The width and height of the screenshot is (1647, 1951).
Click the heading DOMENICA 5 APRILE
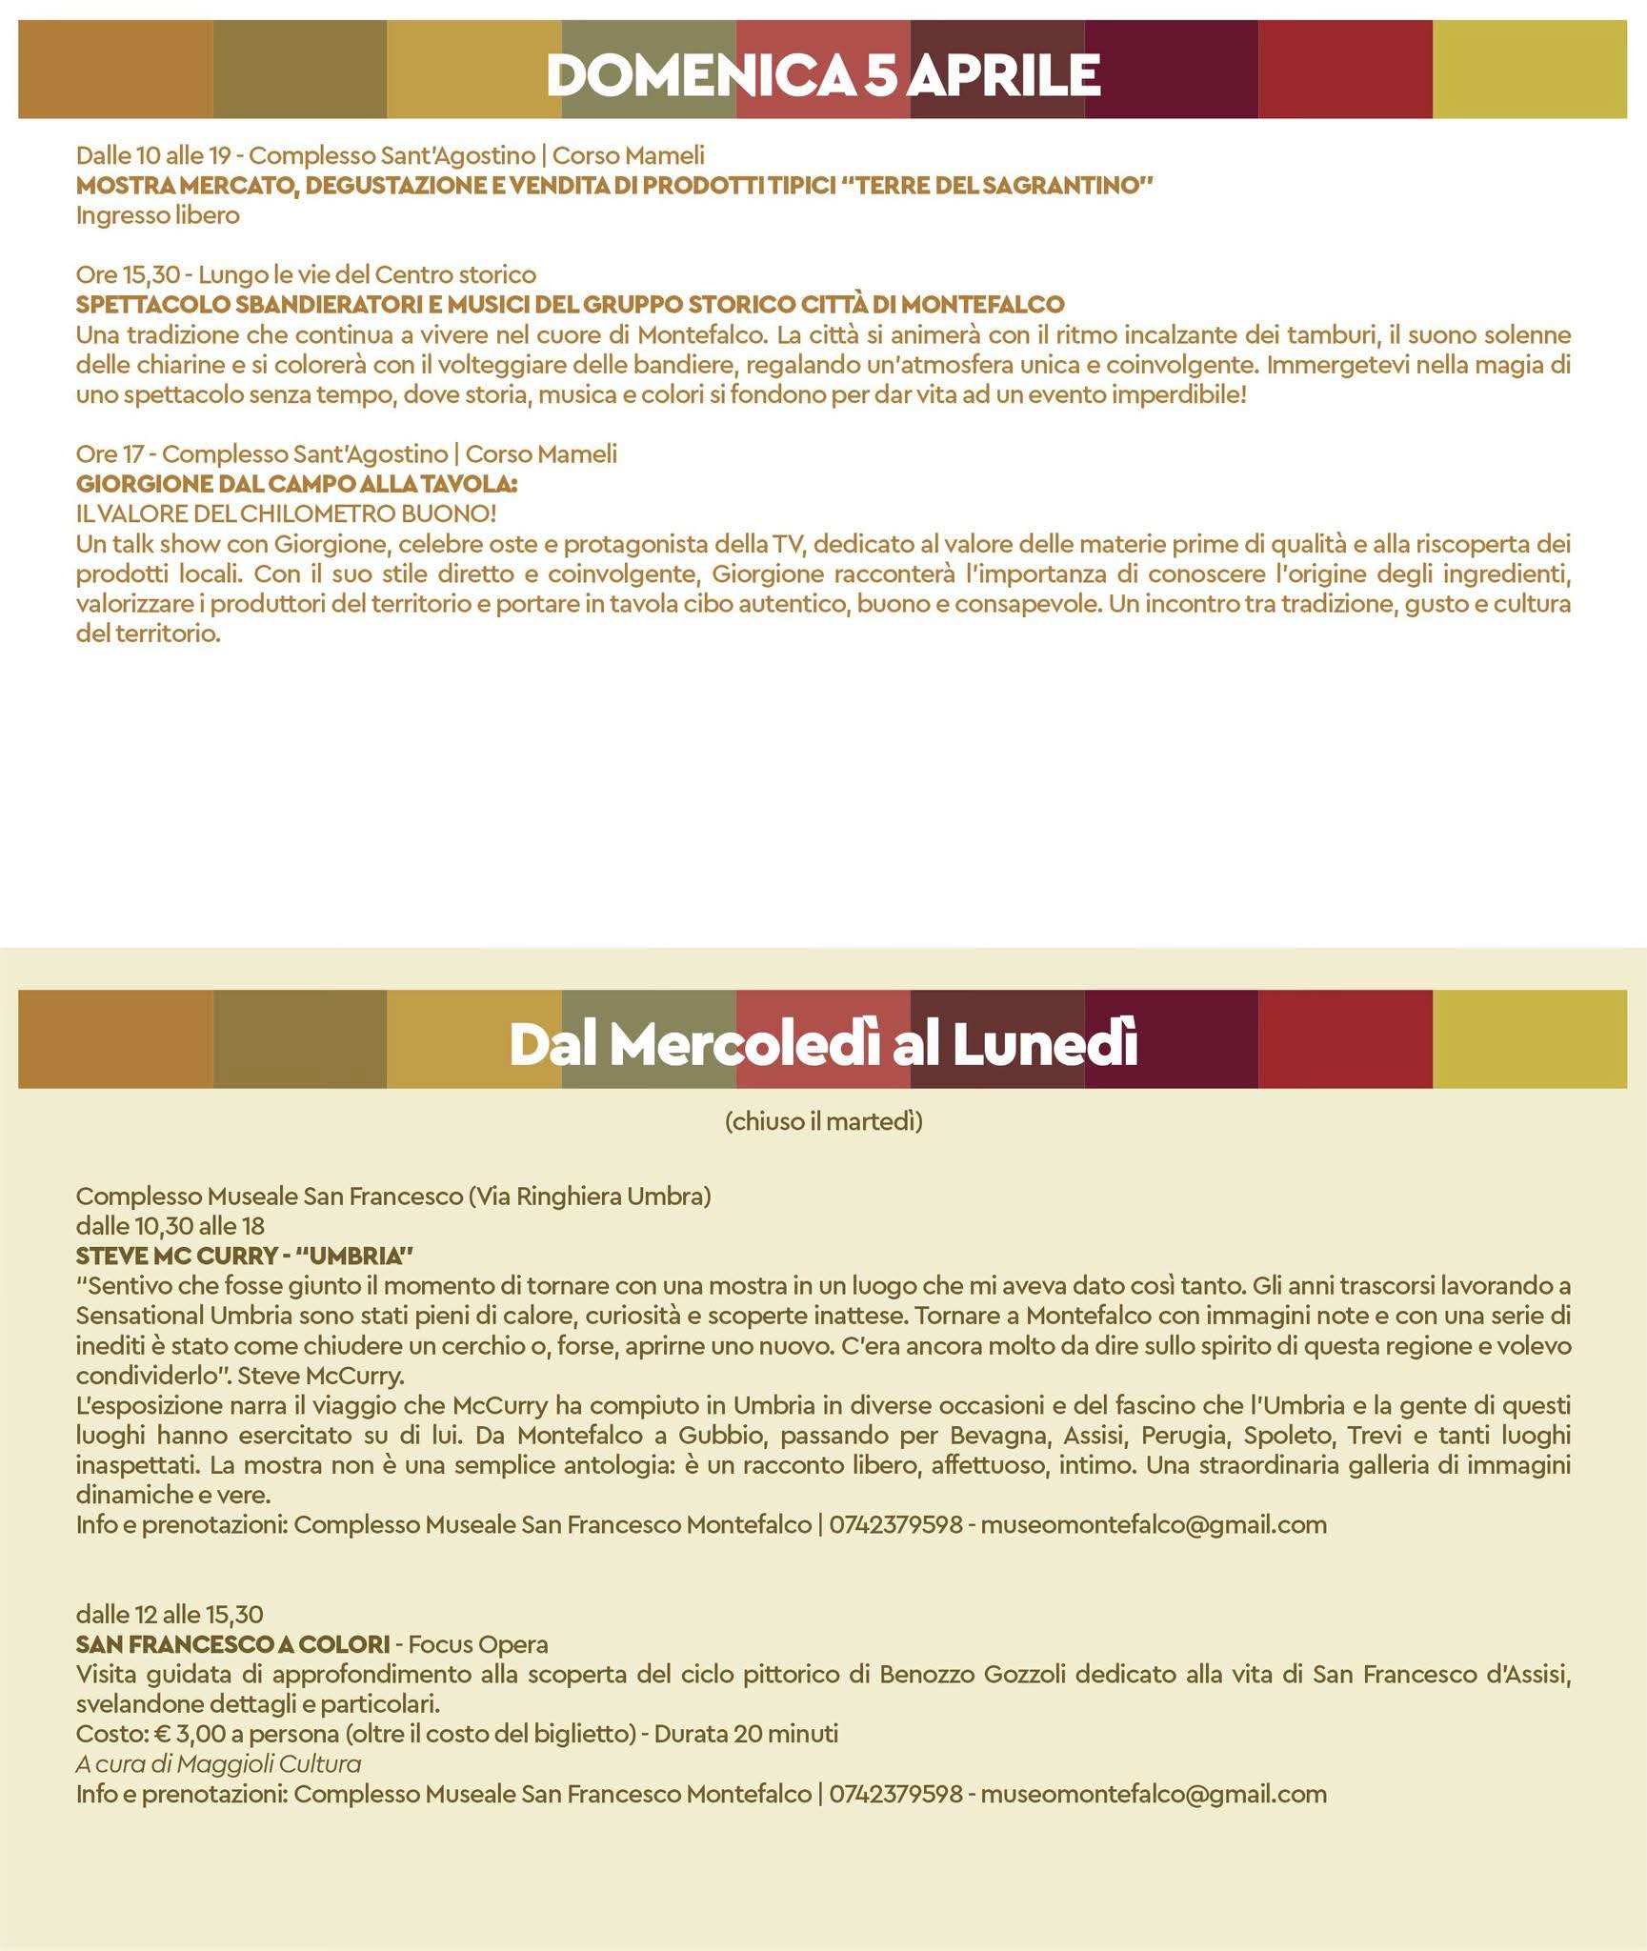823,74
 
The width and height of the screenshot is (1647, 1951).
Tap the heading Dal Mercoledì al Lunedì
823,1045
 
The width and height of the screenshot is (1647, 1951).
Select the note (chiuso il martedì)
823,1121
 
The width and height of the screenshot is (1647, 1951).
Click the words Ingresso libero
157,215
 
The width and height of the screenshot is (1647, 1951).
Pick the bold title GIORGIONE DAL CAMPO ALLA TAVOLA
295,484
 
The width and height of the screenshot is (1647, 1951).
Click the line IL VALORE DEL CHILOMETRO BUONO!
286,514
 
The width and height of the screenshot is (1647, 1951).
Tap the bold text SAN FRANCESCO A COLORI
232,1644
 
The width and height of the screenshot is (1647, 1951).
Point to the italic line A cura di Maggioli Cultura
218,1764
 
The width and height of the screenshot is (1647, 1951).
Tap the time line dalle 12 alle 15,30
170,1614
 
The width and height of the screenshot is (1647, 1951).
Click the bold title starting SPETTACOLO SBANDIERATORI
570,305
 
